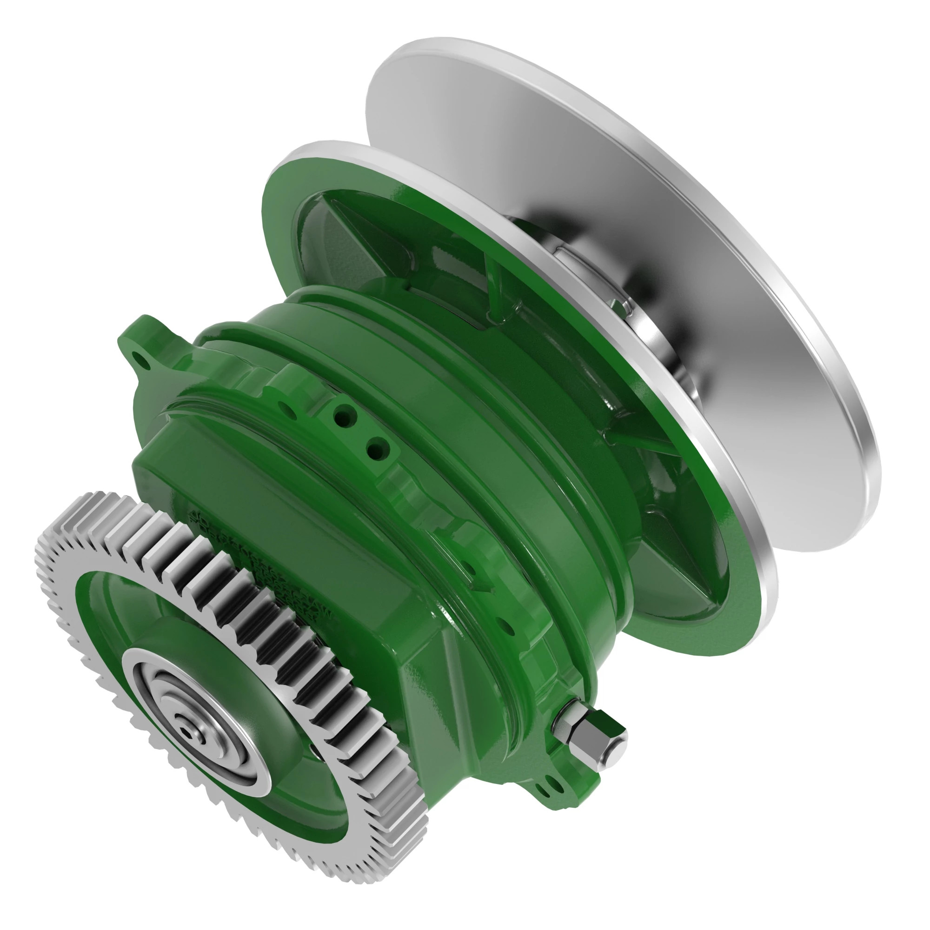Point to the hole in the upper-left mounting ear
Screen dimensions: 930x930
[140, 358]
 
